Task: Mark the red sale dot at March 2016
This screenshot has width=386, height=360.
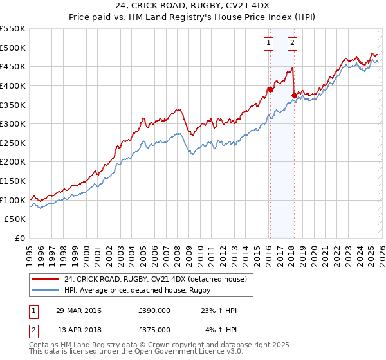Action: (x=270, y=89)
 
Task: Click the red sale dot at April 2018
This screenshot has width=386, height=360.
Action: (x=294, y=95)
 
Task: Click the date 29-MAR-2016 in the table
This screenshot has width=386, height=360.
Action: (x=78, y=310)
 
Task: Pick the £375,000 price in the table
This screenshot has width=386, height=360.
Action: (x=154, y=329)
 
